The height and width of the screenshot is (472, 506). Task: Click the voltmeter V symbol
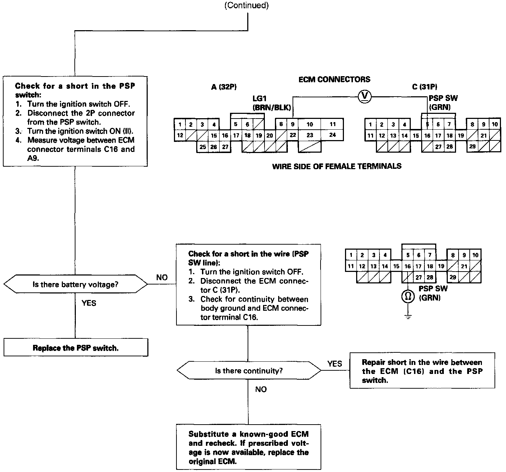(x=365, y=96)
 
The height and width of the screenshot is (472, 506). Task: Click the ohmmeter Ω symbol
(x=408, y=297)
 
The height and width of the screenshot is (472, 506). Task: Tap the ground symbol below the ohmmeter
(x=408, y=316)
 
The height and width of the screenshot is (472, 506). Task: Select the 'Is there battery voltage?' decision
(x=75, y=284)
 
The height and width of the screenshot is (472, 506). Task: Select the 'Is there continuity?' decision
(x=249, y=370)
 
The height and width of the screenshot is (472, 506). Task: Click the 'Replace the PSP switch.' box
(x=75, y=348)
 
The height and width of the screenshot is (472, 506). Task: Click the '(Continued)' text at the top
(x=247, y=5)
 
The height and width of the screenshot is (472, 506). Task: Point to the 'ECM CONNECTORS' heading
(x=334, y=79)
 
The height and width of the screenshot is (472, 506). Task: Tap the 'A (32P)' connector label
(x=224, y=87)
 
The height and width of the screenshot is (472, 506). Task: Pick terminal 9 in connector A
(x=293, y=125)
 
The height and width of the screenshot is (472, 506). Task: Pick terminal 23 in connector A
(x=310, y=135)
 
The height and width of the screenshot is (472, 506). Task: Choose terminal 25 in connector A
(x=203, y=147)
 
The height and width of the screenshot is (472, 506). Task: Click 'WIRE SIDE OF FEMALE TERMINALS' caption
(x=337, y=166)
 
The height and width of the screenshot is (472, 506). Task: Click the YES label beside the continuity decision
(x=334, y=364)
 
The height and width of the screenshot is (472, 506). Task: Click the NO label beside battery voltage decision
(x=162, y=277)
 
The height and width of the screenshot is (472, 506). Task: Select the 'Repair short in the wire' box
(x=422, y=371)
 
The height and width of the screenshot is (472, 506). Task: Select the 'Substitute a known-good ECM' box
(x=248, y=448)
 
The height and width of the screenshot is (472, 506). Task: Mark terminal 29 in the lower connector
(x=452, y=277)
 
